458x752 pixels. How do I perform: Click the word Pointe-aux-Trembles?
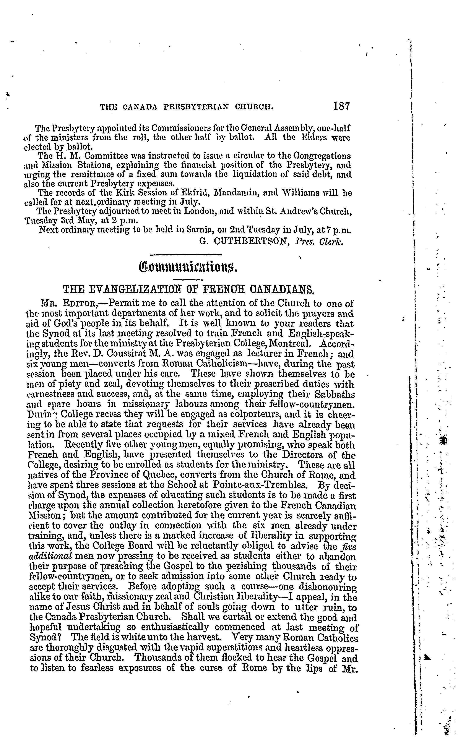[263, 485]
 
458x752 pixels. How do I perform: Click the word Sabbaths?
[336, 395]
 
